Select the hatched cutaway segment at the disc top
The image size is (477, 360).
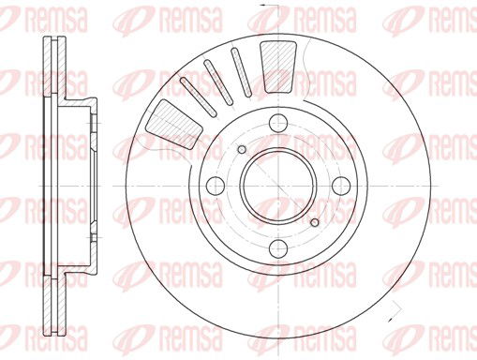(277, 66)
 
